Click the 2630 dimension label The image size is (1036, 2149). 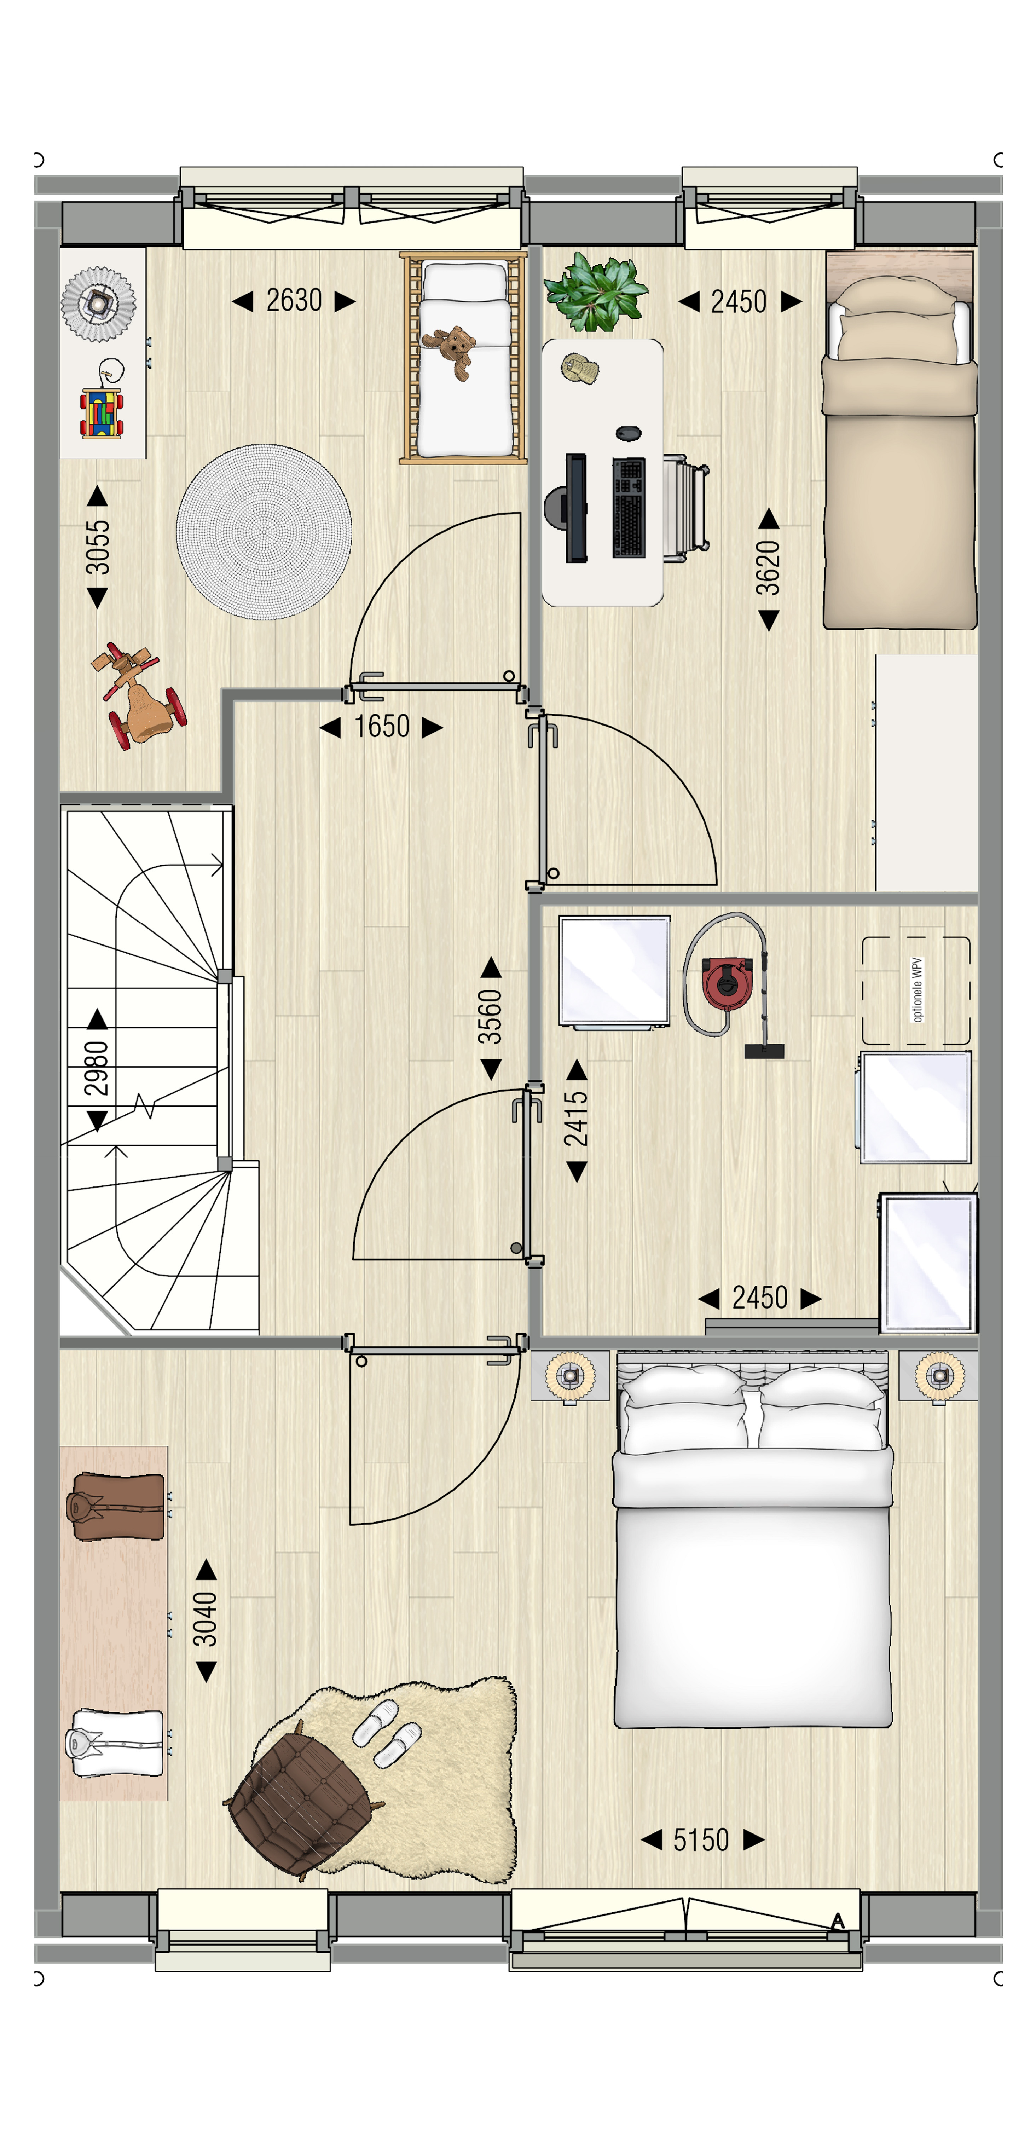[294, 300]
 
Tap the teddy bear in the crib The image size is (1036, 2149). [451, 350]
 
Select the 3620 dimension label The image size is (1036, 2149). [768, 568]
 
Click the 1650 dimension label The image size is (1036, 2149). [381, 727]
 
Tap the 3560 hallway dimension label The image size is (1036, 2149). [490, 1017]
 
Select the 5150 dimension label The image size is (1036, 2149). [701, 1839]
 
